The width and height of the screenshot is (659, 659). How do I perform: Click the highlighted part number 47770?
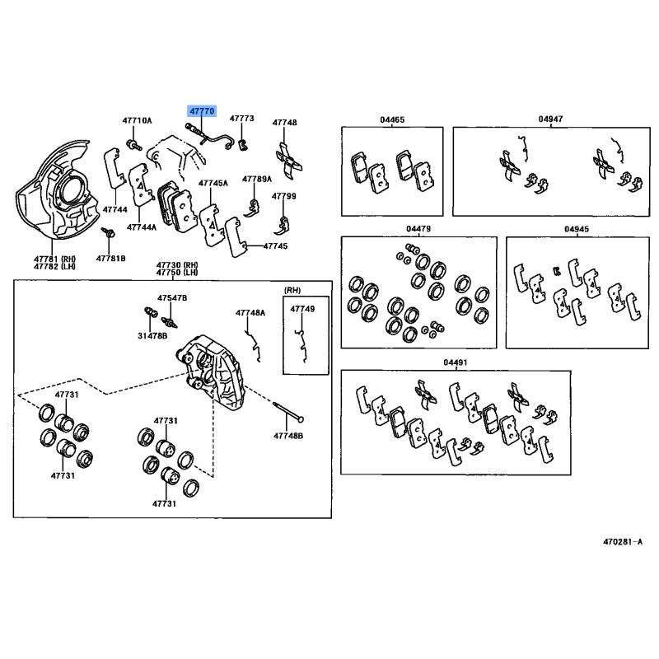(x=202, y=111)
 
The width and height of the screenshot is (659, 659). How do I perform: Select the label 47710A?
(x=137, y=120)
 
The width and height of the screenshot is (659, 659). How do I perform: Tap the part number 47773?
(x=241, y=119)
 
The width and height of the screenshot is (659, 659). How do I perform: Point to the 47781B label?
(x=110, y=259)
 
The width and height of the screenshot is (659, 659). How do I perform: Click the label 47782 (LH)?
(x=54, y=266)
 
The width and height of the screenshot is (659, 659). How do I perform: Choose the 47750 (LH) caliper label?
(x=177, y=273)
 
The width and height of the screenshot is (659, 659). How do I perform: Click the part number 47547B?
(x=172, y=298)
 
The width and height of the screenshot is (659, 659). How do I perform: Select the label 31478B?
(x=152, y=336)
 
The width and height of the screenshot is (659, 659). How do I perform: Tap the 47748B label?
(x=288, y=436)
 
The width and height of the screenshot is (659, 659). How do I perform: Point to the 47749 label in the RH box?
(x=302, y=309)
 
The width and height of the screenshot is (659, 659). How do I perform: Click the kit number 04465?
(x=392, y=119)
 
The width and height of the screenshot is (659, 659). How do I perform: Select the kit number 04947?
(x=550, y=119)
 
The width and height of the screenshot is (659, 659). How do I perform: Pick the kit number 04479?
(x=418, y=229)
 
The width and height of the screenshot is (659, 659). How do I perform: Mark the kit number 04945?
(x=577, y=229)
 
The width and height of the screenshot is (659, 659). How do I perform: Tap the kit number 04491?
(x=456, y=362)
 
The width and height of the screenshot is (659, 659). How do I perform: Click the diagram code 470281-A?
(x=623, y=542)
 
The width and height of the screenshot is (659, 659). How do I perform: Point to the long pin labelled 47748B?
(x=288, y=411)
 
